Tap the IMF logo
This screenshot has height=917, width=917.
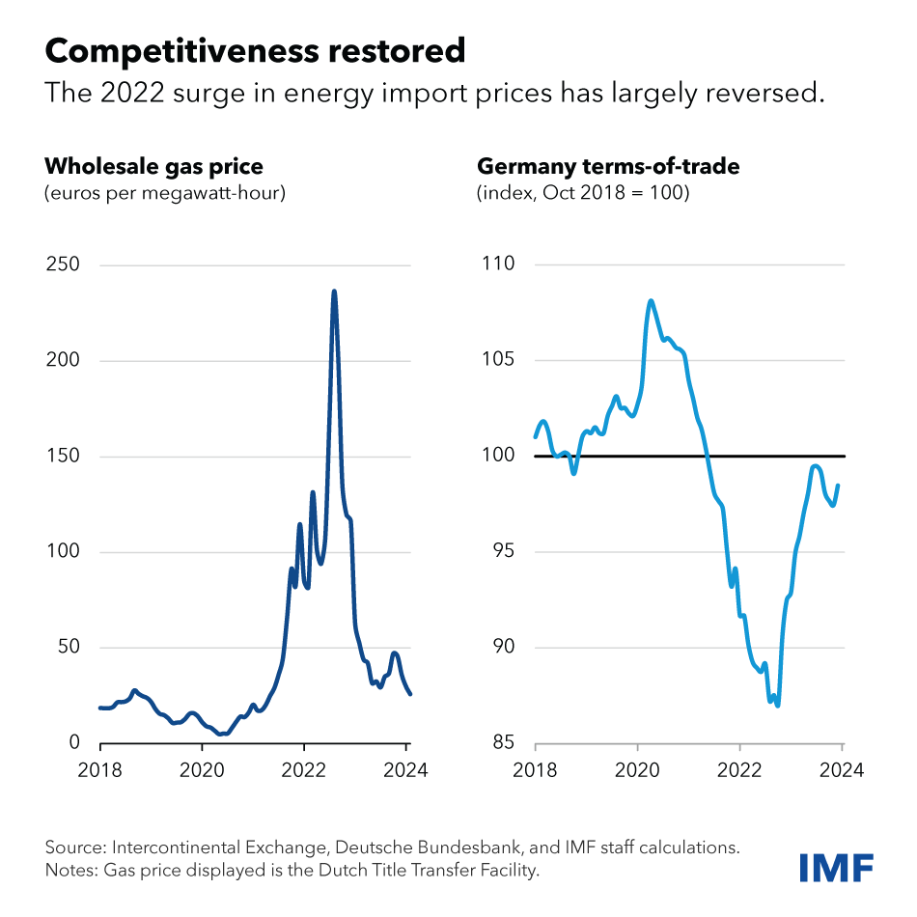836,866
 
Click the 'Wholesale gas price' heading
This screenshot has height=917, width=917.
153,166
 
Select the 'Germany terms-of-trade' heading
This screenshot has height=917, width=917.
608,166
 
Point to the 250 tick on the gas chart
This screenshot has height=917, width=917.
62,264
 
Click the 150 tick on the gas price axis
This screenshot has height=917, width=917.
62,456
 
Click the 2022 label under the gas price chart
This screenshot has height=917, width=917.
304,770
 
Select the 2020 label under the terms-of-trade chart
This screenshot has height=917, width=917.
638,770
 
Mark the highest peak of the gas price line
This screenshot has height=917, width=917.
334,291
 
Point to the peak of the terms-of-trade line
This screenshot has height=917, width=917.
651,301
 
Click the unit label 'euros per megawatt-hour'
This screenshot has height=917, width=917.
165,193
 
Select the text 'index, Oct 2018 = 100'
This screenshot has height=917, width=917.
583,193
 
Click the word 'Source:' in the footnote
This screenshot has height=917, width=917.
75,848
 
